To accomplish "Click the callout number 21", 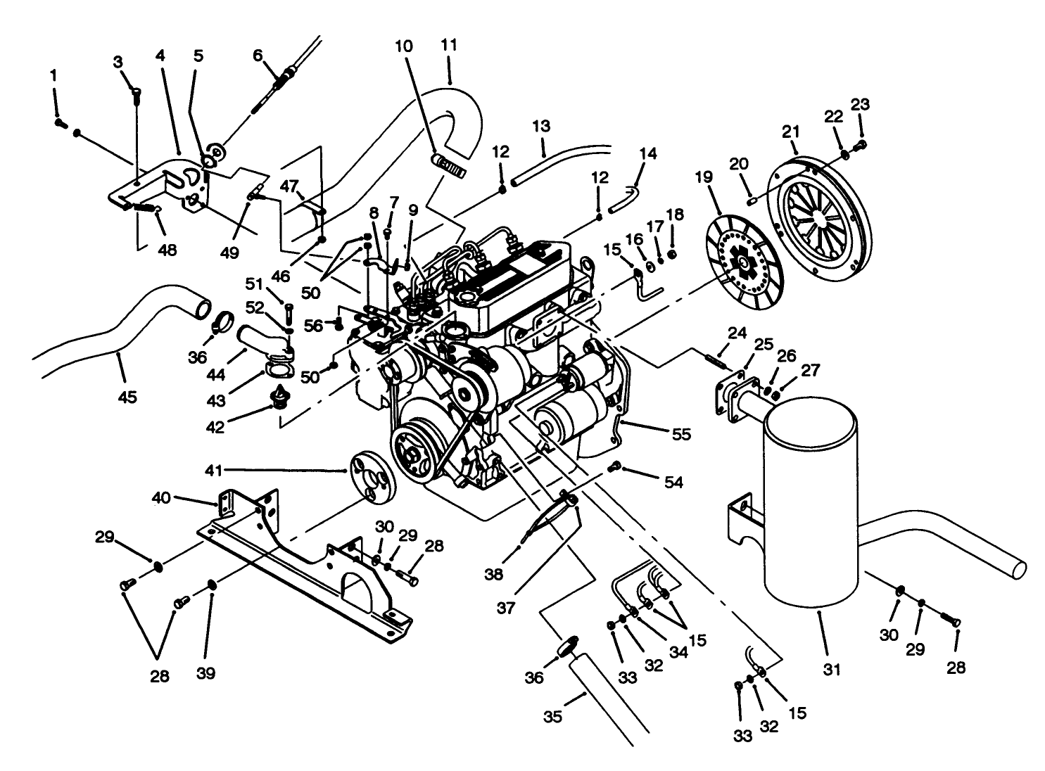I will click(x=791, y=131).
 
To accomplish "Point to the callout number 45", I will click(x=127, y=397).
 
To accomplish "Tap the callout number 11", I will click(x=449, y=45).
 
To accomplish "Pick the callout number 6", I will click(x=258, y=55).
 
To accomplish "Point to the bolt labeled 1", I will click(x=60, y=123).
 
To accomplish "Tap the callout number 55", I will click(x=680, y=435).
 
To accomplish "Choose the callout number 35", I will click(x=554, y=717).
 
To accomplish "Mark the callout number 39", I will click(x=205, y=673).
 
